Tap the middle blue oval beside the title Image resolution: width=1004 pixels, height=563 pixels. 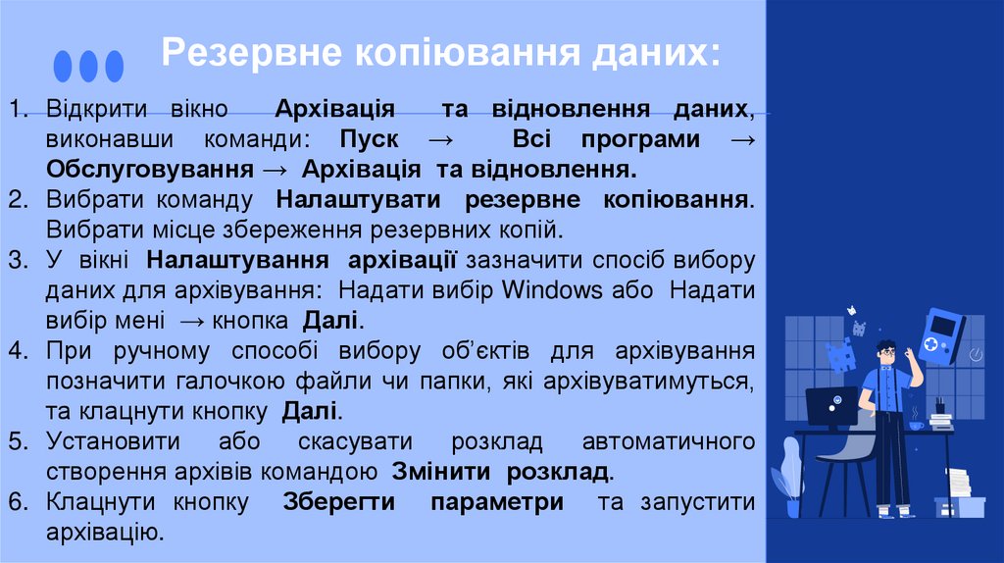coord(89,66)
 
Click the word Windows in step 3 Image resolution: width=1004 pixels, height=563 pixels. coord(552,290)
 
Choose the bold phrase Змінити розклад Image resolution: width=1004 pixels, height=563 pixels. coord(500,471)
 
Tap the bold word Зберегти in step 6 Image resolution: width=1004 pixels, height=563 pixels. coord(339,502)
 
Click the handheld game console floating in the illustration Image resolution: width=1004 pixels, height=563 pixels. coord(942,335)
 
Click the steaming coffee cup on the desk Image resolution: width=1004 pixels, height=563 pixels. coord(916,424)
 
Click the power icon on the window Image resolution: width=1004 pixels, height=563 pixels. coord(976,353)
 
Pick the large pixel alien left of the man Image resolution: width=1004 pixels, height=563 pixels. coord(840,355)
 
